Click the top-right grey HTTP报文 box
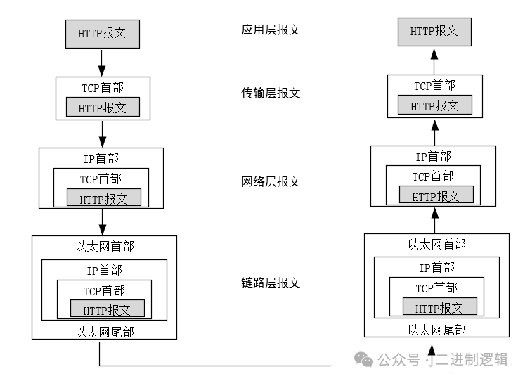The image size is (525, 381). [434, 32]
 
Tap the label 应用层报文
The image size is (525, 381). [271, 31]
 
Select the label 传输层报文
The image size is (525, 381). [271, 93]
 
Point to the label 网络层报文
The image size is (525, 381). [271, 182]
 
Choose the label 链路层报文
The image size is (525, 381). [271, 283]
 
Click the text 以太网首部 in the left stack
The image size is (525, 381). [104, 247]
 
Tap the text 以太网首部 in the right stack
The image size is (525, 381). [436, 245]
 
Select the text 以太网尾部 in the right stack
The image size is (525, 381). [436, 329]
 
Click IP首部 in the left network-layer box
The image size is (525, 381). [101, 159]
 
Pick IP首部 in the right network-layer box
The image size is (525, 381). [433, 157]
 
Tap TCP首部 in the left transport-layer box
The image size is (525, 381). [103, 88]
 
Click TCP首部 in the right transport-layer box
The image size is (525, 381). [434, 86]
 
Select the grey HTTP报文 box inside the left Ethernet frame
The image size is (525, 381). [107, 309]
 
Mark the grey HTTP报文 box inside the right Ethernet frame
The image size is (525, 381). [439, 307]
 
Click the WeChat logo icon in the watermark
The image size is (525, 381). [364, 360]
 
